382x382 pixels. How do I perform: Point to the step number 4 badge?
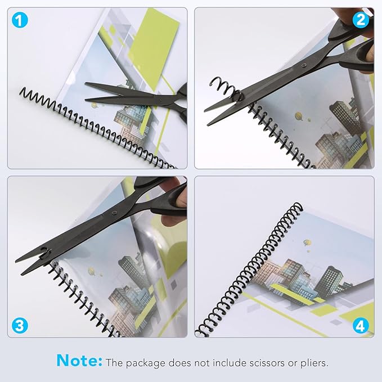(360, 325)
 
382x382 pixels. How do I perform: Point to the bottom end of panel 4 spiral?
(207, 332)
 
